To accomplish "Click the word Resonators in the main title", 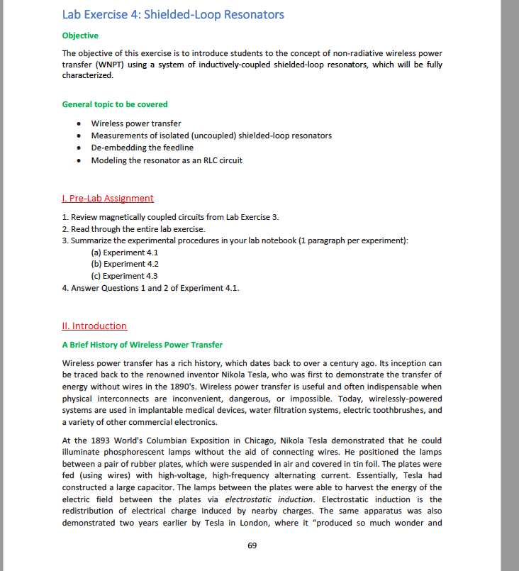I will click(249, 14).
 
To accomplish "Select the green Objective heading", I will click(80, 35).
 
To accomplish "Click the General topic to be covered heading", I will click(115, 104).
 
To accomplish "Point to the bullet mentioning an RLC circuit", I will click(167, 160).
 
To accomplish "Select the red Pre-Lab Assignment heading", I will click(108, 198).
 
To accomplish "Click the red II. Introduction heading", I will click(94, 326).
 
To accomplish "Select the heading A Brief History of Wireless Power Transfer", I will click(143, 345).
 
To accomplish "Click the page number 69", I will click(252, 545).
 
